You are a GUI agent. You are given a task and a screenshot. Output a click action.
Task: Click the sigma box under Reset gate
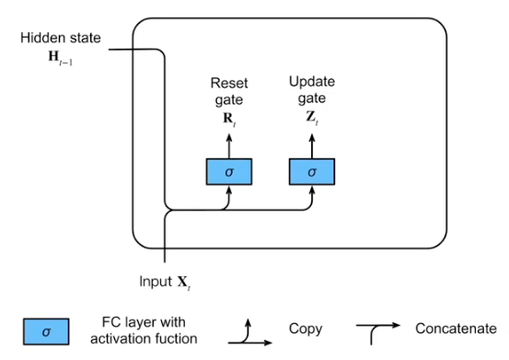click(227, 171)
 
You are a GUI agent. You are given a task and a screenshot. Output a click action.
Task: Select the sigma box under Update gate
click(312, 171)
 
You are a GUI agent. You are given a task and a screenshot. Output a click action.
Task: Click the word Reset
click(228, 83)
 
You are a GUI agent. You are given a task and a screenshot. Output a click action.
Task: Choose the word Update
click(312, 83)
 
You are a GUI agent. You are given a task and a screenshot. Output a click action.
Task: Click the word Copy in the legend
click(306, 329)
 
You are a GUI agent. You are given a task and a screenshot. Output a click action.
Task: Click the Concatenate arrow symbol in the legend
click(379, 331)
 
